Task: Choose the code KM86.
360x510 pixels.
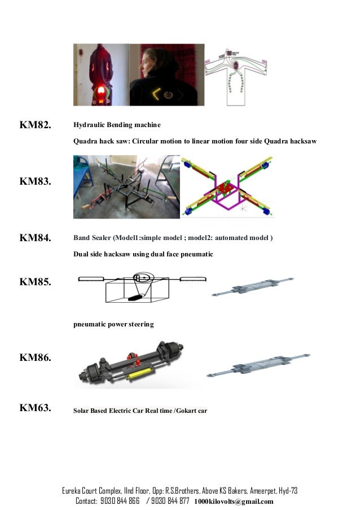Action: (x=36, y=358)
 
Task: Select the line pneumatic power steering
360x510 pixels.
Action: (x=113, y=325)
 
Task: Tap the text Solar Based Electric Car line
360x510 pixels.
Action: (x=140, y=411)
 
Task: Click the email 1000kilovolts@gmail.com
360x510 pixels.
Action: (x=234, y=502)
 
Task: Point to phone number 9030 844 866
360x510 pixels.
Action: (x=120, y=501)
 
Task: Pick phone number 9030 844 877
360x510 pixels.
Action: (x=169, y=501)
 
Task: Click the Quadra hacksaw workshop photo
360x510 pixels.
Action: (x=126, y=186)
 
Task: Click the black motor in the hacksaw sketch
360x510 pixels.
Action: (x=135, y=298)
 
